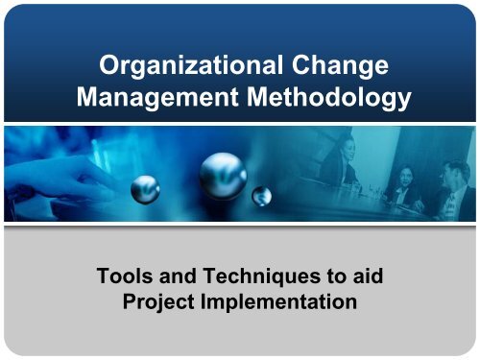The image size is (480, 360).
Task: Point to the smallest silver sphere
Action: coord(262,196)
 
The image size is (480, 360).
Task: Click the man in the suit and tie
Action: coord(452,187)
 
